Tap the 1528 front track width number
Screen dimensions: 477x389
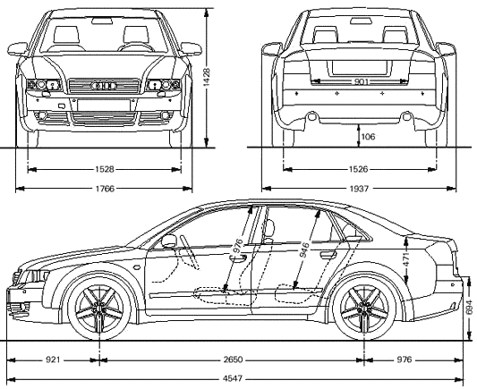coord(105,169)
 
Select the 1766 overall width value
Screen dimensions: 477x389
coord(105,189)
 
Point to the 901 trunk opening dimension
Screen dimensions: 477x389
coord(362,81)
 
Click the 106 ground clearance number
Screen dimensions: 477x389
coord(368,137)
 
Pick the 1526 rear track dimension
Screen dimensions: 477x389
coord(358,169)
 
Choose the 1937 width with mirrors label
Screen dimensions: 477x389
coord(359,189)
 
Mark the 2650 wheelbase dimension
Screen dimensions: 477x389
coord(233,359)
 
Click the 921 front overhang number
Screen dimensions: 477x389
coord(53,359)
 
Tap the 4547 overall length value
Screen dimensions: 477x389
coord(233,378)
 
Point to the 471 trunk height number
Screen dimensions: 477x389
coord(407,259)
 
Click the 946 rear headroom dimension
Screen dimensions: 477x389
coord(304,249)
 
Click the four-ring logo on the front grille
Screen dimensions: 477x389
coord(104,86)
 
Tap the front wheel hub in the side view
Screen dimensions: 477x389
coord(99,308)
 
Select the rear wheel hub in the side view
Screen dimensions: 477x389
coord(364,308)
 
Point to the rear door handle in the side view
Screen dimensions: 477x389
coord(328,254)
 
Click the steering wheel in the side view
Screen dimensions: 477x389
coord(189,251)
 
